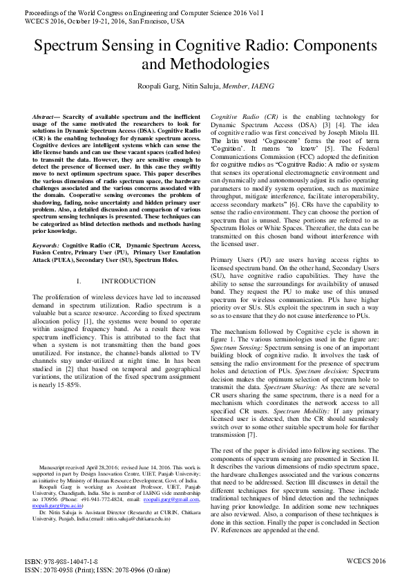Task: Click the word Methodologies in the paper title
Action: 218,65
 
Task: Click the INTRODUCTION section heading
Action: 128,281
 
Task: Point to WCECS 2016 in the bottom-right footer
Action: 365,561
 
